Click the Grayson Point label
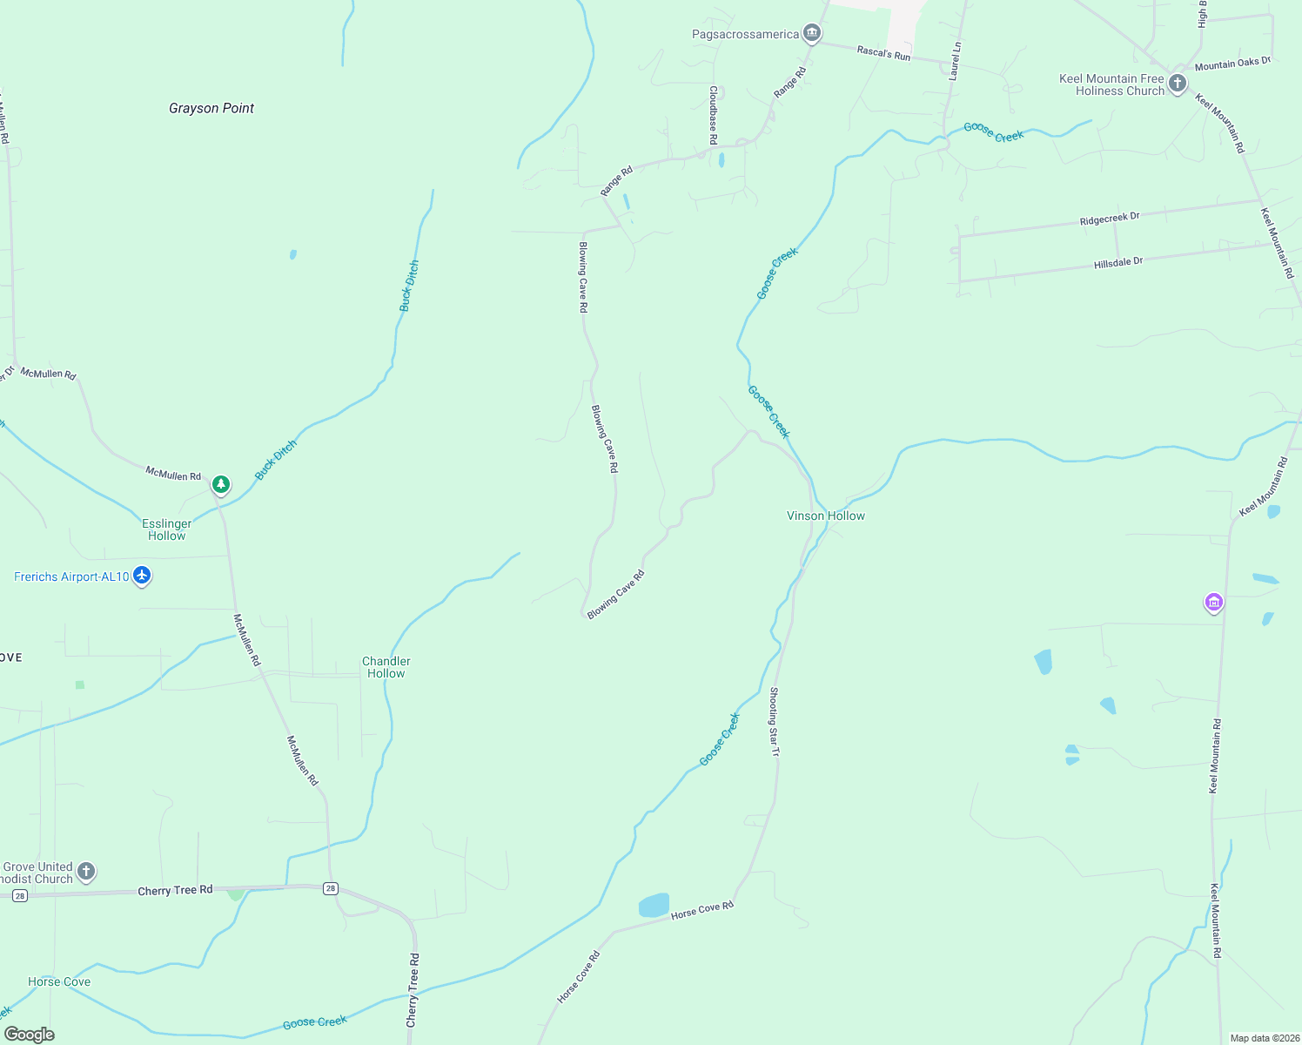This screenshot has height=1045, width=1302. coord(211,108)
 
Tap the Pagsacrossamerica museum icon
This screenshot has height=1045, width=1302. coord(812,34)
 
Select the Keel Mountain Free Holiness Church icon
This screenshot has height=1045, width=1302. coord(1177,84)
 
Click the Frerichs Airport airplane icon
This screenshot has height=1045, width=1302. coord(142,576)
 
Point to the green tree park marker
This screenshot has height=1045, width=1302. coord(221,483)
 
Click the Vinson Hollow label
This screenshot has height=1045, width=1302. coord(825,516)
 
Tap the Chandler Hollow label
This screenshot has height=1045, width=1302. coord(386,667)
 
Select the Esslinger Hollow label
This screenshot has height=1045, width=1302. coord(166,529)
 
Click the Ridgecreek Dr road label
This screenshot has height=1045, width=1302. coord(1109,219)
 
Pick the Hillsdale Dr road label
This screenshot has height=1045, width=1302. coord(1117,262)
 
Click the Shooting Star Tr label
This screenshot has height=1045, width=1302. coord(774,721)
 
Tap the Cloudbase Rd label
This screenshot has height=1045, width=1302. coord(713,114)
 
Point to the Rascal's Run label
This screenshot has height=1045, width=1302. coord(883,53)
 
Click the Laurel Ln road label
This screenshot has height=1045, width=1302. coord(955,61)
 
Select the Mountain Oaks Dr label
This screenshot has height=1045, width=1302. coord(1232,64)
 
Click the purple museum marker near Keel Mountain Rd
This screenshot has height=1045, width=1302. coord(1213,602)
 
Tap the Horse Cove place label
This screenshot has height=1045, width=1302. coord(59,981)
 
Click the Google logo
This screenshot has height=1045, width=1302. coord(30,1035)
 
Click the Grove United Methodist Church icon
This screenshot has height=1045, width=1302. coord(85,871)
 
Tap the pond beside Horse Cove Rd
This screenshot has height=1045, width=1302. coord(654,905)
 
